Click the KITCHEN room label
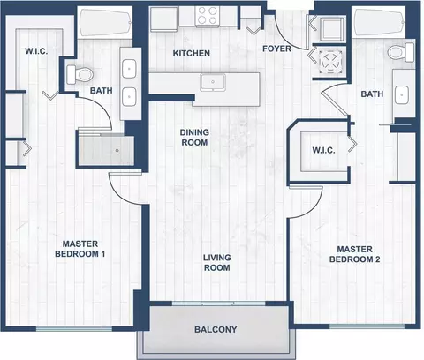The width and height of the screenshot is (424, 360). coord(192,53)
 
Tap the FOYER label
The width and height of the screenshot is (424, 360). coord(276,49)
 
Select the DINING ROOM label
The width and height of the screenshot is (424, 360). coord(194,138)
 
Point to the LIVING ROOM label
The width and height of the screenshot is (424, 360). coord(217,263)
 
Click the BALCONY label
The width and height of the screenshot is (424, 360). coord(216,329)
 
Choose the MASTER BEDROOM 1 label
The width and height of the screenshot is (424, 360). coord(80,249)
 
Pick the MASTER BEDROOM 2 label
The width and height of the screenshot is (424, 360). coord(354,254)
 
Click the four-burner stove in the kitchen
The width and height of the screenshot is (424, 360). coord(208,15)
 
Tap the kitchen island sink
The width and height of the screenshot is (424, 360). coord(213,82)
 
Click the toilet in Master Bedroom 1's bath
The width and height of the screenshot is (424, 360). coord(79,74)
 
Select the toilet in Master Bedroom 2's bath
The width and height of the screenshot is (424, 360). coord(401,52)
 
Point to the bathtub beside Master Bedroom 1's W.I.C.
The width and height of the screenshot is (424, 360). coord(105,23)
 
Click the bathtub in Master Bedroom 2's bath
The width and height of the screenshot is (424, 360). coord(380,22)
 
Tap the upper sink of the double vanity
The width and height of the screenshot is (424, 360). coord(129,69)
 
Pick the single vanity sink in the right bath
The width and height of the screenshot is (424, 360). coord(401,95)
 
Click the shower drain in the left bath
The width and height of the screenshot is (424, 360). coord(117,150)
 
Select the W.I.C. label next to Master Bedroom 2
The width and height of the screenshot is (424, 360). coord(323,150)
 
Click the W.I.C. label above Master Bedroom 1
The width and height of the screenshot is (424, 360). coord(36,51)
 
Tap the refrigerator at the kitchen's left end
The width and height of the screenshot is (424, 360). coord(163,19)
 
